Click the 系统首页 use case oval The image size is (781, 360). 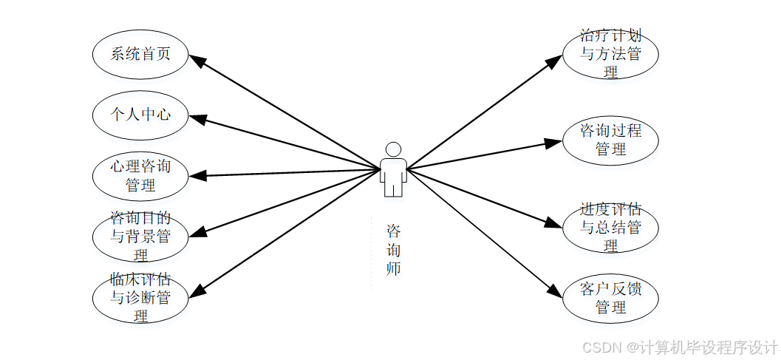pyautogui.click(x=140, y=54)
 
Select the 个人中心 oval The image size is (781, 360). pyautogui.click(x=140, y=115)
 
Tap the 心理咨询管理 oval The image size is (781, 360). pyautogui.click(x=140, y=175)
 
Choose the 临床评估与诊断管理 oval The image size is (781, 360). pyautogui.click(x=140, y=298)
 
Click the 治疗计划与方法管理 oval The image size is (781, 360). pyautogui.click(x=610, y=54)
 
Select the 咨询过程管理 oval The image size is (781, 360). pyautogui.click(x=610, y=140)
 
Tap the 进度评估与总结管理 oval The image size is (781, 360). pyautogui.click(x=610, y=227)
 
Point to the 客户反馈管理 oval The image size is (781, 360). pyautogui.click(x=610, y=298)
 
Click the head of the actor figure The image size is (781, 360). pyautogui.click(x=393, y=149)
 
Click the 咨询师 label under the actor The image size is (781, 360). pyautogui.click(x=394, y=250)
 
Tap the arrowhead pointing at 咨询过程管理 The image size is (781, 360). pyautogui.click(x=554, y=143)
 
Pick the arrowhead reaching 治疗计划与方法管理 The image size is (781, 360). pyautogui.click(x=555, y=61)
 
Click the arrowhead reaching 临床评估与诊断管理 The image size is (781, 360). pyautogui.click(x=196, y=293)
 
